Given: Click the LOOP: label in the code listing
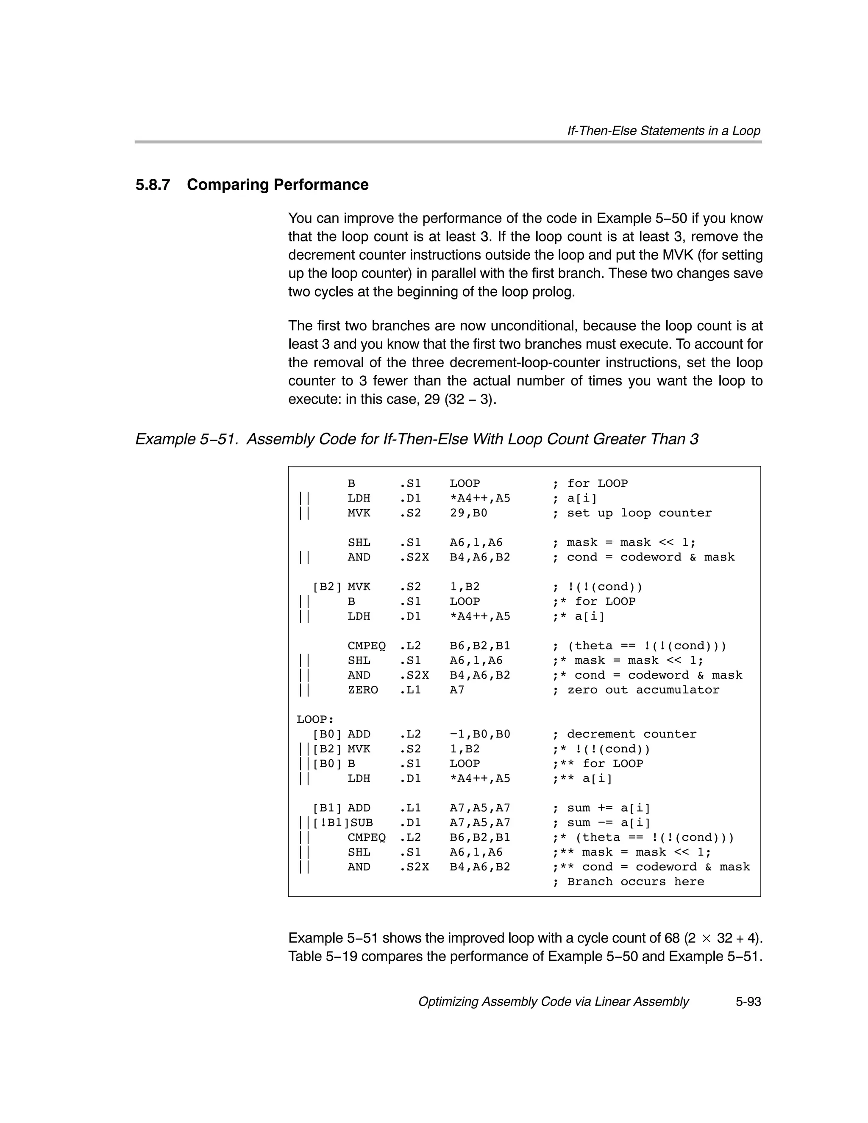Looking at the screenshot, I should tap(315, 719).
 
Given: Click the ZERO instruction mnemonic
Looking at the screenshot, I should tap(363, 690).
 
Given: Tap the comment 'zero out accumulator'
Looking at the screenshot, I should tap(643, 690).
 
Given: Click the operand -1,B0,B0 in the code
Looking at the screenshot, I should tap(479, 734).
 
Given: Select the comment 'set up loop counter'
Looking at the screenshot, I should tap(639, 513).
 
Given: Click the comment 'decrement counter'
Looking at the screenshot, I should tap(632, 734).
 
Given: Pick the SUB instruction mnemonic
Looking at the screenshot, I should tap(362, 823).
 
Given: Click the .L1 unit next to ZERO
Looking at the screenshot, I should tap(410, 690).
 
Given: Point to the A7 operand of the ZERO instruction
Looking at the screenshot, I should tap(457, 690).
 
